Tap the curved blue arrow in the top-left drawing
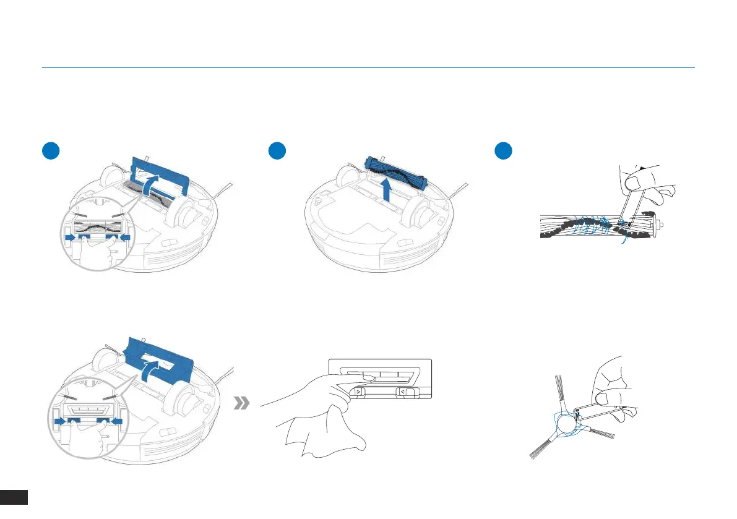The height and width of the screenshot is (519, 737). point(152,184)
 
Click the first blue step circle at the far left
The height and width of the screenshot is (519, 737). point(50,151)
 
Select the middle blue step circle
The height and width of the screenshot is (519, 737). point(277,151)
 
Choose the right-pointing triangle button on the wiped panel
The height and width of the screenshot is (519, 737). point(358,392)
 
